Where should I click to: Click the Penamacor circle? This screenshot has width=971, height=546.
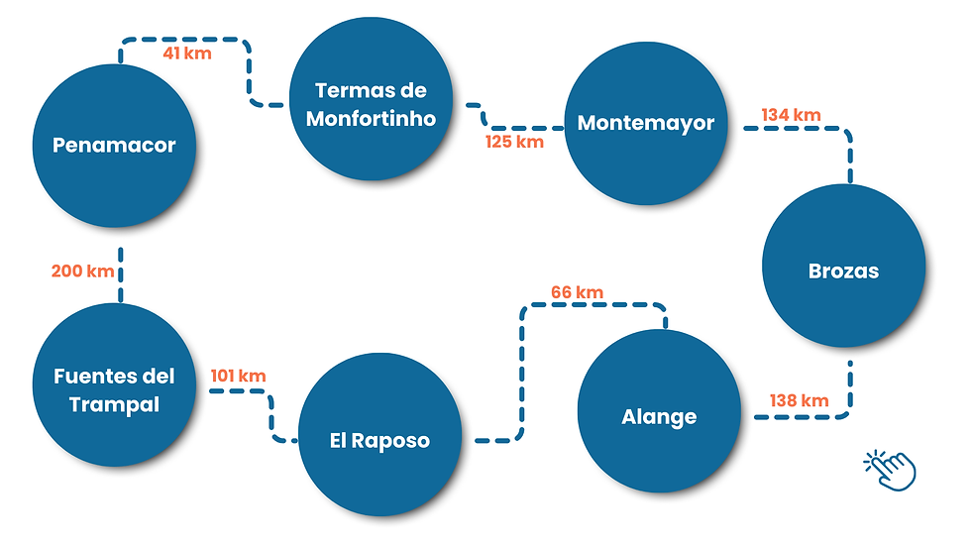tap(114, 146)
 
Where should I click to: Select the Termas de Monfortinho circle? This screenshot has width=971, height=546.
tap(371, 104)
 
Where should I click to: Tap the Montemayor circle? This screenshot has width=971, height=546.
tap(646, 124)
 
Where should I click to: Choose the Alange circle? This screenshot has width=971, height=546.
tap(659, 417)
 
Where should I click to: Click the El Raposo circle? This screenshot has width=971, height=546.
tap(379, 440)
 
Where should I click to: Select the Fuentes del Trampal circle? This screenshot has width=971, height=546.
tap(114, 389)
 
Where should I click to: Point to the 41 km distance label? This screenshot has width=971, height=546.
tap(187, 54)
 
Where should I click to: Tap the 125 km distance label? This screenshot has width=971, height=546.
tap(514, 142)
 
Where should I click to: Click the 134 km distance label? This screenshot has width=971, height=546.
tap(791, 115)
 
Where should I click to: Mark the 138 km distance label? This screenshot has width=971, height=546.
tap(799, 400)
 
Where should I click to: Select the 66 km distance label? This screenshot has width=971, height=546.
tap(578, 292)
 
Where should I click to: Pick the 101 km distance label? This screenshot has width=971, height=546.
tap(238, 376)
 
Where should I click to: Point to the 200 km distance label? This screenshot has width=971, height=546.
tap(82, 271)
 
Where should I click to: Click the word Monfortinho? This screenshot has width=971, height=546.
tap(371, 118)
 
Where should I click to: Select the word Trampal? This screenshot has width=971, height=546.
tap(114, 404)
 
